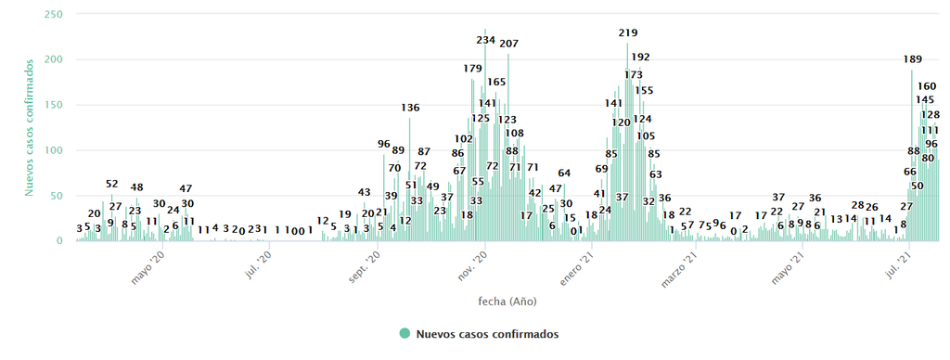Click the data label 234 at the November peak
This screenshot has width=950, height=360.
(486, 40)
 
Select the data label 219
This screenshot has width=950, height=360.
(628, 33)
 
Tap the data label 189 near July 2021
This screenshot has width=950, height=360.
(913, 59)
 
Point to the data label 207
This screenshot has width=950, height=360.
(508, 44)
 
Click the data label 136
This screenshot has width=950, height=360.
(410, 108)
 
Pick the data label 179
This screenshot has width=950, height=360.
(472, 69)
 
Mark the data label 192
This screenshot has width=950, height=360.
(640, 57)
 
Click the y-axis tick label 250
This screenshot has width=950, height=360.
(54, 15)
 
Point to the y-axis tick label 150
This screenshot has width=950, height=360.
(54, 105)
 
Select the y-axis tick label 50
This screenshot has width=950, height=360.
(57, 196)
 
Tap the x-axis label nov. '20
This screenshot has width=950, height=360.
(472, 264)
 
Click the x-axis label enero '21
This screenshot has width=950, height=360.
(575, 267)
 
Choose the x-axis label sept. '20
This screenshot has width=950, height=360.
(364, 267)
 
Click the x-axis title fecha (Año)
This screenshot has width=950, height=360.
(507, 302)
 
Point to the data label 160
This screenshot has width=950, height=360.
(926, 86)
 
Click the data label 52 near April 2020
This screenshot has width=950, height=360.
(112, 184)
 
